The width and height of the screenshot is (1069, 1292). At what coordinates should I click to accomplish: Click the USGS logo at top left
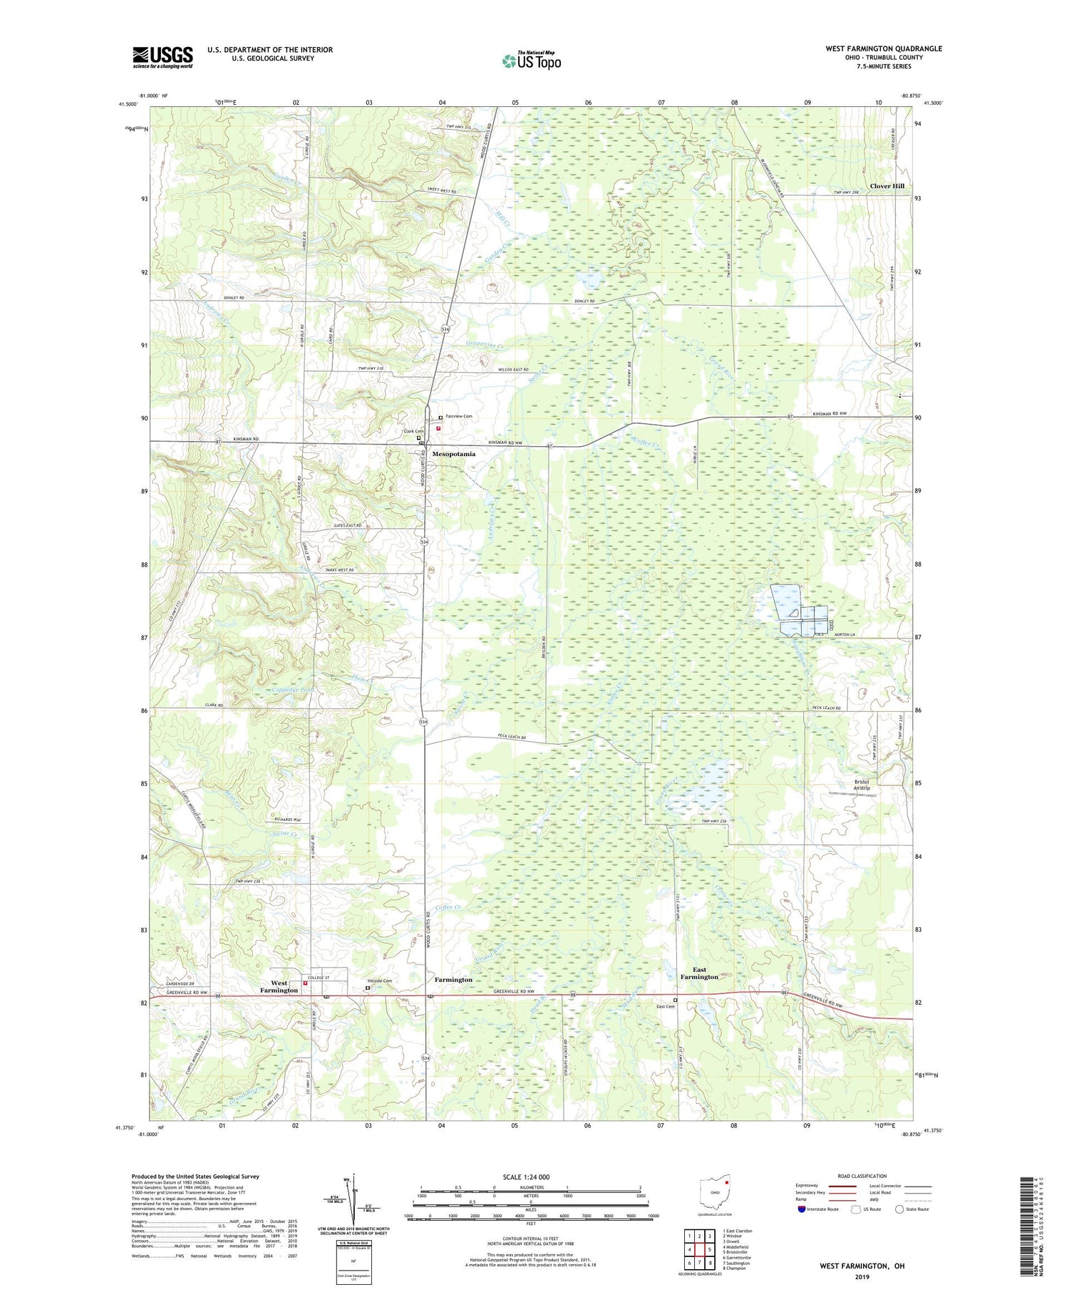pos(162,57)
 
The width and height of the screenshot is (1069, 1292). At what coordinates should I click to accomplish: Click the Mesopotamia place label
pos(453,454)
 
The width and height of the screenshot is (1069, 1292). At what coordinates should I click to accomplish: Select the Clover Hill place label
pos(887,186)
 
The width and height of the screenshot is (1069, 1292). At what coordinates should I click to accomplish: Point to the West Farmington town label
pos(279,986)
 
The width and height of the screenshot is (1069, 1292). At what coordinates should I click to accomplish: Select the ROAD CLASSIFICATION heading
pos(862,1176)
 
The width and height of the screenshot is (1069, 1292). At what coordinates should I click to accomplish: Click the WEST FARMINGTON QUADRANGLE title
pos(883,48)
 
